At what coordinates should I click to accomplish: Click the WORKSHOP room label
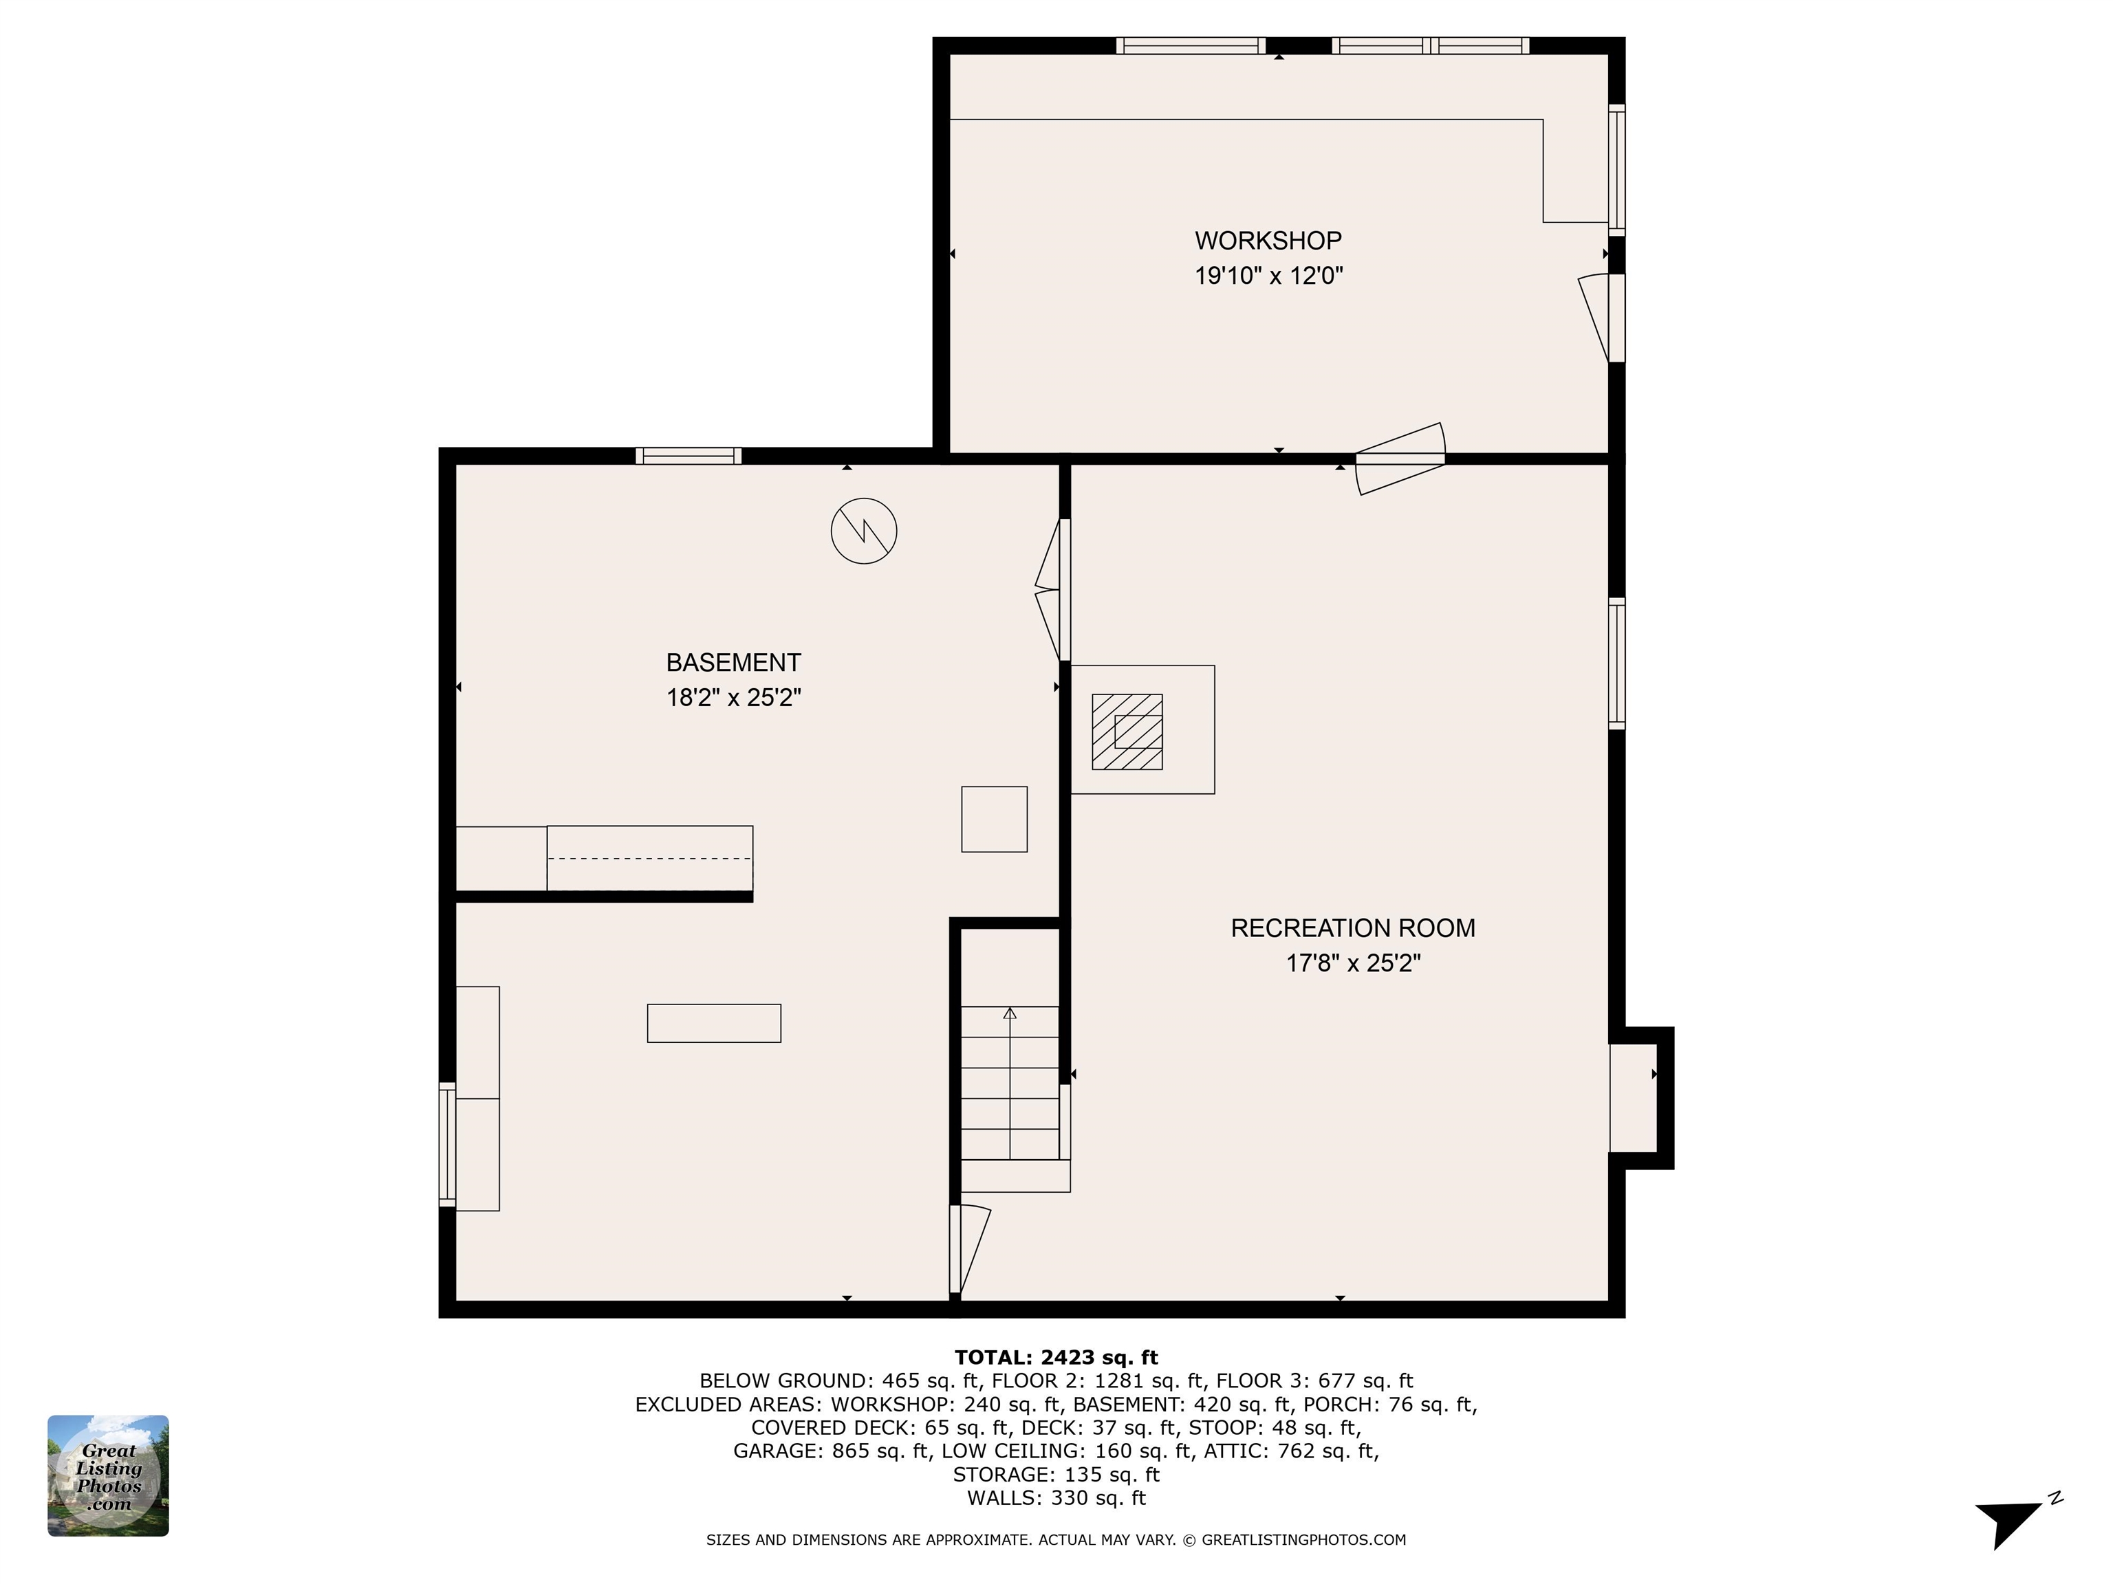click(x=1268, y=241)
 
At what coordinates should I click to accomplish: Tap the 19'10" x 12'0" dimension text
click(x=1268, y=276)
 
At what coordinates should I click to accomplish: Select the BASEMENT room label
click(x=734, y=663)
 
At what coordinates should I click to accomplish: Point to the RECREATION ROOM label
click(x=1353, y=928)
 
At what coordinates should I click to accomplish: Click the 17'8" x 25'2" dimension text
click(x=1353, y=963)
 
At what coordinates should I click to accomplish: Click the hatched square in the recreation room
click(x=1127, y=731)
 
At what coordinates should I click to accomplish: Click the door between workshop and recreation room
click(x=1400, y=459)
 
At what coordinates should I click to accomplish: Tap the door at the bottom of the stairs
click(x=968, y=1250)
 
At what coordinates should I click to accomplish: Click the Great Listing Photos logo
click(x=108, y=1475)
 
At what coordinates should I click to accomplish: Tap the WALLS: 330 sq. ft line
click(x=1056, y=1498)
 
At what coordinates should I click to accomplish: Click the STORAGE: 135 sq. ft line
click(x=1056, y=1474)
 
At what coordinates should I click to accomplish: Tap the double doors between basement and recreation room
click(x=1052, y=589)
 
